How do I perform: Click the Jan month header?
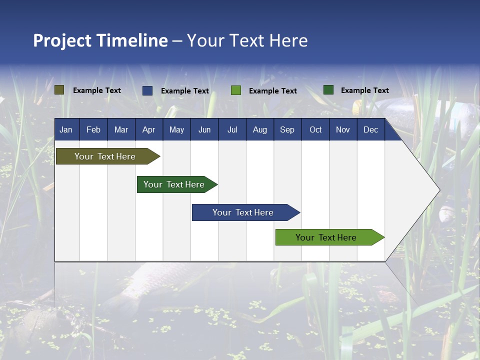tap(66, 130)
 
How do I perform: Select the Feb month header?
tap(93, 130)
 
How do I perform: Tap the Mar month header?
tap(121, 130)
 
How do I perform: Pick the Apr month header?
tap(148, 130)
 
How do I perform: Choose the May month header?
tap(176, 130)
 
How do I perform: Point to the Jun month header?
tap(204, 130)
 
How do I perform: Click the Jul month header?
tap(232, 130)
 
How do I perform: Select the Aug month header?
tap(259, 130)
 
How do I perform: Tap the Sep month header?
tap(287, 130)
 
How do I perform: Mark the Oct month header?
tap(315, 130)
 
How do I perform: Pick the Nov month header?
tap(343, 130)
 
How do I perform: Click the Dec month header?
tap(370, 130)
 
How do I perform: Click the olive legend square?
tap(59, 90)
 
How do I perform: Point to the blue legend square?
tap(147, 90)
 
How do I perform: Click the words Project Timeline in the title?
tap(100, 40)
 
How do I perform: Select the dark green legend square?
tap(328, 90)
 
